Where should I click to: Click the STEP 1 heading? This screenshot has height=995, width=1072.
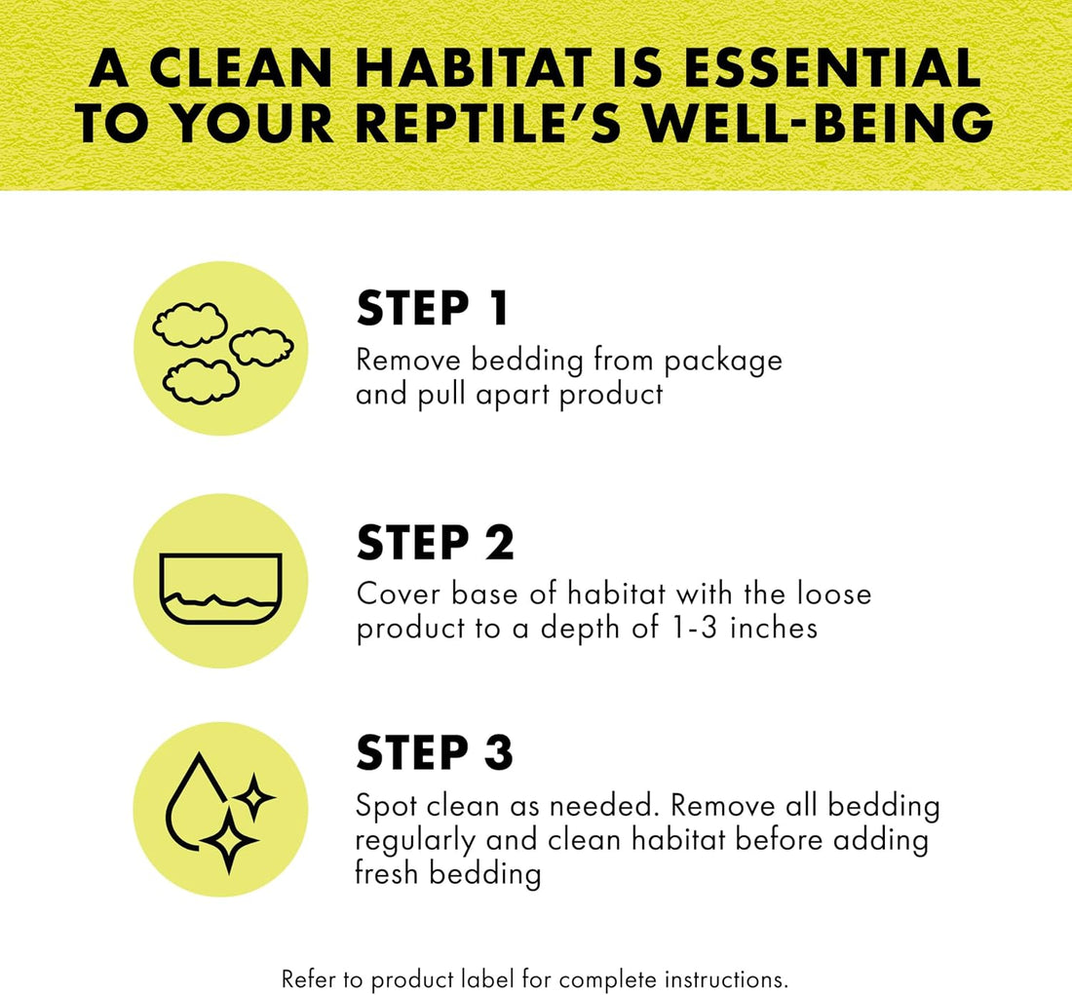[433, 308]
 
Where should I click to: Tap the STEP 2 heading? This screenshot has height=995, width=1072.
[435, 543]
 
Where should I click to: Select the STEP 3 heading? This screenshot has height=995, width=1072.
[434, 752]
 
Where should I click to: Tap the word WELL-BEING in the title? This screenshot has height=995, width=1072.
[819, 123]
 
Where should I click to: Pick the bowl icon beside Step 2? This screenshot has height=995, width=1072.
[221, 588]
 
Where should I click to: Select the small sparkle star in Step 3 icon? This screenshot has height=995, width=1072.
[254, 797]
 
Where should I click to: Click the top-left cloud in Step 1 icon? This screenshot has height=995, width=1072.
[190, 325]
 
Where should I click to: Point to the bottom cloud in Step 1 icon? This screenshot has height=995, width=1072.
[201, 381]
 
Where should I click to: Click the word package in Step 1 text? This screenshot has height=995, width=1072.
[723, 363]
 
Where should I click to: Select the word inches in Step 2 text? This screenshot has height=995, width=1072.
[774, 627]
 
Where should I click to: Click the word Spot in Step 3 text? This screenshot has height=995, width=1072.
[386, 807]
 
